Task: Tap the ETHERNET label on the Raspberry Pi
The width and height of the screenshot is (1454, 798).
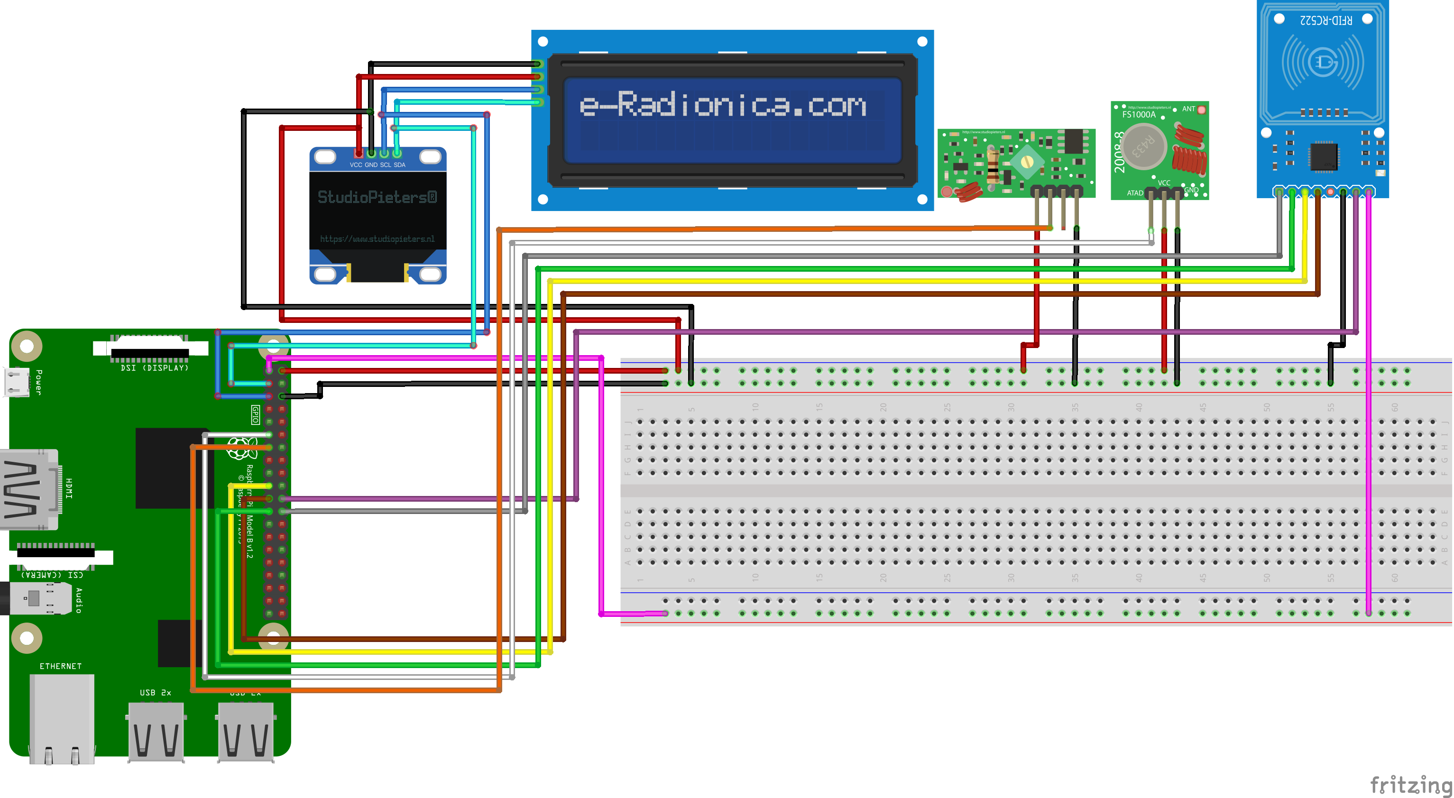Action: [60, 666]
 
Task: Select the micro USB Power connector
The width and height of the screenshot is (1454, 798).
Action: [17, 382]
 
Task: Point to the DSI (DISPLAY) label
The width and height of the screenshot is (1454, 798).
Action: [155, 368]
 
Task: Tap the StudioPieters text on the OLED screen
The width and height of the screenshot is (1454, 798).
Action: [377, 197]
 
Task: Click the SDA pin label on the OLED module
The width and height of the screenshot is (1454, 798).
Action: [400, 165]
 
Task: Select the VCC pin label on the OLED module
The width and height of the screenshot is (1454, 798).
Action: [356, 165]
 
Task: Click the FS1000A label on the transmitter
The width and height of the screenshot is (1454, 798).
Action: [1139, 115]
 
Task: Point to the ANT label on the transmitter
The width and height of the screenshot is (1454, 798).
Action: [1188, 109]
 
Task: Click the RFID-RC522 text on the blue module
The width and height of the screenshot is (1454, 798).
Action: [1326, 20]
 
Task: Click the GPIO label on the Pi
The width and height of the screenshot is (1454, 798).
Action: [255, 415]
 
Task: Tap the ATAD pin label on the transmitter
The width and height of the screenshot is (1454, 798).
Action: [1134, 193]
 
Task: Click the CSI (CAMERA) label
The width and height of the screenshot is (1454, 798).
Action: [52, 575]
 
